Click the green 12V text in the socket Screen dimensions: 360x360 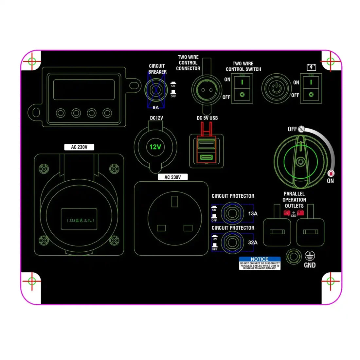155,147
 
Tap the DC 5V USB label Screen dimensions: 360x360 207,118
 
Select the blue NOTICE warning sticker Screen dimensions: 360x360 260,263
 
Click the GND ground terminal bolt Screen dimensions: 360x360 293,257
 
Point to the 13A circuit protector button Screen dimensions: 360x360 232,213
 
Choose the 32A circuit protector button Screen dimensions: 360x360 232,243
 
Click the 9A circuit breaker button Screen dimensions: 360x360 157,89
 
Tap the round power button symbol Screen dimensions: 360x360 277,88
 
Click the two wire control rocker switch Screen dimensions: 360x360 242,88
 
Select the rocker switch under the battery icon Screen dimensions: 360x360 311,88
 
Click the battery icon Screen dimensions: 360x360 311,67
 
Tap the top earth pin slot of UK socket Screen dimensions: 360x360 174,201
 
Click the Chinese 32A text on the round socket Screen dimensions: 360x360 79,220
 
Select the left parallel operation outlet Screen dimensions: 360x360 277,232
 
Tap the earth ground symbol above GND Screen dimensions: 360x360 310,256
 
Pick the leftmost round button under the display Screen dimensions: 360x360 61,113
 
